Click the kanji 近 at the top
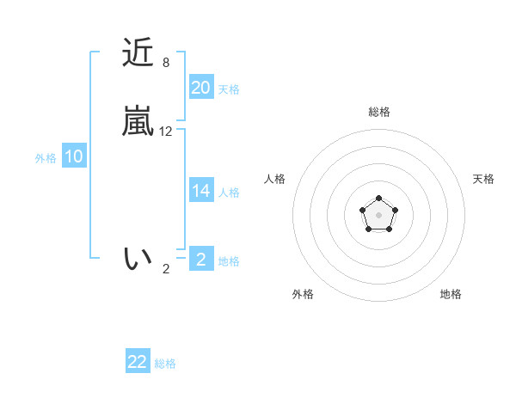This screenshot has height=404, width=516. (x=138, y=54)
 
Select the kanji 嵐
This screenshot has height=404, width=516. (x=138, y=122)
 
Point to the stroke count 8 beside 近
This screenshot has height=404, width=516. (x=165, y=63)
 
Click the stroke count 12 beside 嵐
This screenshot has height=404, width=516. (x=166, y=132)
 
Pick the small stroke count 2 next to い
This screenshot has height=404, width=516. (x=166, y=269)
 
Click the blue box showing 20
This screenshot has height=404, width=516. (x=201, y=88)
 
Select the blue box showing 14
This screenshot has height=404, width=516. (x=201, y=191)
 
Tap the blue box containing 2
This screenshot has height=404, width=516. (x=201, y=260)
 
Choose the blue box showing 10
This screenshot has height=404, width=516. (x=74, y=156)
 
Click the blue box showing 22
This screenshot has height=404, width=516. (x=138, y=362)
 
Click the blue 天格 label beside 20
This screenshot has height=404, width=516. (x=229, y=89)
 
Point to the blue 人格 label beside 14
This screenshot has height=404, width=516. (x=229, y=193)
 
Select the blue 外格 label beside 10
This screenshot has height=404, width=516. (x=46, y=158)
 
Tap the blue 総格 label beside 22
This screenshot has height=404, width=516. (x=165, y=364)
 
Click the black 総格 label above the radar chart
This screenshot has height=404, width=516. (x=378, y=112)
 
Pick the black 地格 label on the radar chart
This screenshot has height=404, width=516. (x=451, y=294)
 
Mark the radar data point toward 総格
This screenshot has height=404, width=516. (x=378, y=199)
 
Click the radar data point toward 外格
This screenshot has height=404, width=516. (x=368, y=229)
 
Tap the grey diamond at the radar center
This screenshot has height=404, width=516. (x=378, y=214)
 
